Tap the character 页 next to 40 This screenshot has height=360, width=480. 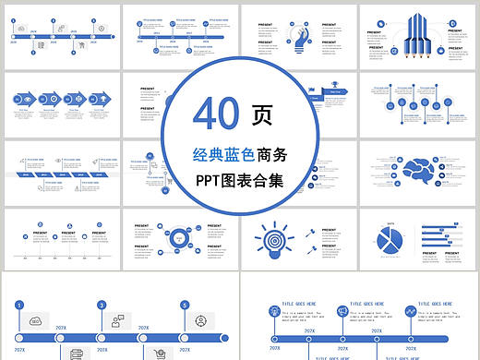pyautogui.click(x=262, y=113)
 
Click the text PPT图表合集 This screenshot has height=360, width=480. pyautogui.click(x=239, y=180)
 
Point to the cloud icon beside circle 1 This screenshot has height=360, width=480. pyautogui.click(x=36, y=320)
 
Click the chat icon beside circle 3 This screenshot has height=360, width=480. pyautogui.click(x=117, y=321)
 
